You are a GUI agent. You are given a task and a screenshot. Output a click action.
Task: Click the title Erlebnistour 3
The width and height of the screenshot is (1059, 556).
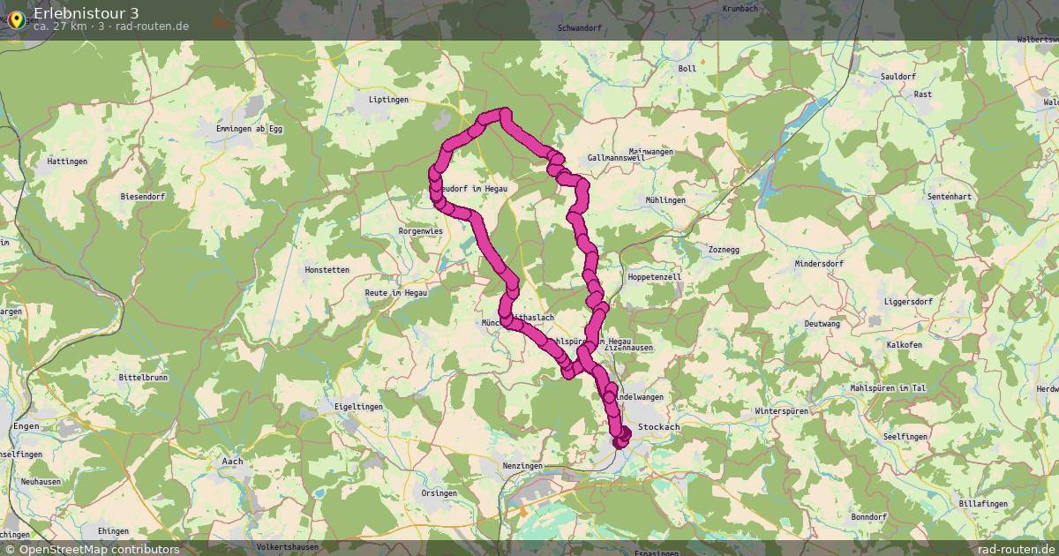click(x=86, y=12)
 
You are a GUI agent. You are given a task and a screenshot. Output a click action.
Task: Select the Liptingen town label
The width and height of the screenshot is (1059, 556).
click(x=388, y=100)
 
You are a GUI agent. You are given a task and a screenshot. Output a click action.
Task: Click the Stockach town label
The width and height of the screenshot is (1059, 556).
click(x=658, y=427)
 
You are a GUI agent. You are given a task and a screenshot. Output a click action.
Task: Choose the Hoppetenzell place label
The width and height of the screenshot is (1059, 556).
click(x=654, y=276)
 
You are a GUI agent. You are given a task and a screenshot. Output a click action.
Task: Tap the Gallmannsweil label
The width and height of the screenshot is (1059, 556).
click(x=617, y=158)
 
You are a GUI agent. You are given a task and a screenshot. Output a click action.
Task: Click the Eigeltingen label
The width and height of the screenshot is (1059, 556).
click(x=358, y=407)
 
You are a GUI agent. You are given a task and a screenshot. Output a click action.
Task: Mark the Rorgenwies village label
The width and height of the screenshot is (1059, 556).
click(x=420, y=230)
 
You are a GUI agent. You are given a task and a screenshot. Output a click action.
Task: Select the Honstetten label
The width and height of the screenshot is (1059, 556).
click(x=327, y=269)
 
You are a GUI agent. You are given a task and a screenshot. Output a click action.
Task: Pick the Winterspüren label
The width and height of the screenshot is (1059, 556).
click(x=783, y=412)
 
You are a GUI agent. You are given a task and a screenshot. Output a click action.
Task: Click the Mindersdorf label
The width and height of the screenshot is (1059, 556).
click(x=819, y=263)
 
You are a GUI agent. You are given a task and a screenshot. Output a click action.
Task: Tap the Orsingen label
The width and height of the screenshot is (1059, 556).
click(x=439, y=493)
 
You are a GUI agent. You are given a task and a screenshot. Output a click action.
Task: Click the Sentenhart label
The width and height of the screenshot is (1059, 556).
click(x=949, y=196)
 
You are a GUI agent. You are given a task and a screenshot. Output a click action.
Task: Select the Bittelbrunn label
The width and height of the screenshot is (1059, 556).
click(x=142, y=377)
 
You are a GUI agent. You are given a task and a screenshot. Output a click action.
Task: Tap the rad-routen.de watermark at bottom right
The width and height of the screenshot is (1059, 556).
click(x=1015, y=549)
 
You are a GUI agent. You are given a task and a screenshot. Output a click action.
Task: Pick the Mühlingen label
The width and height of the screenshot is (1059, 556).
click(x=665, y=200)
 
